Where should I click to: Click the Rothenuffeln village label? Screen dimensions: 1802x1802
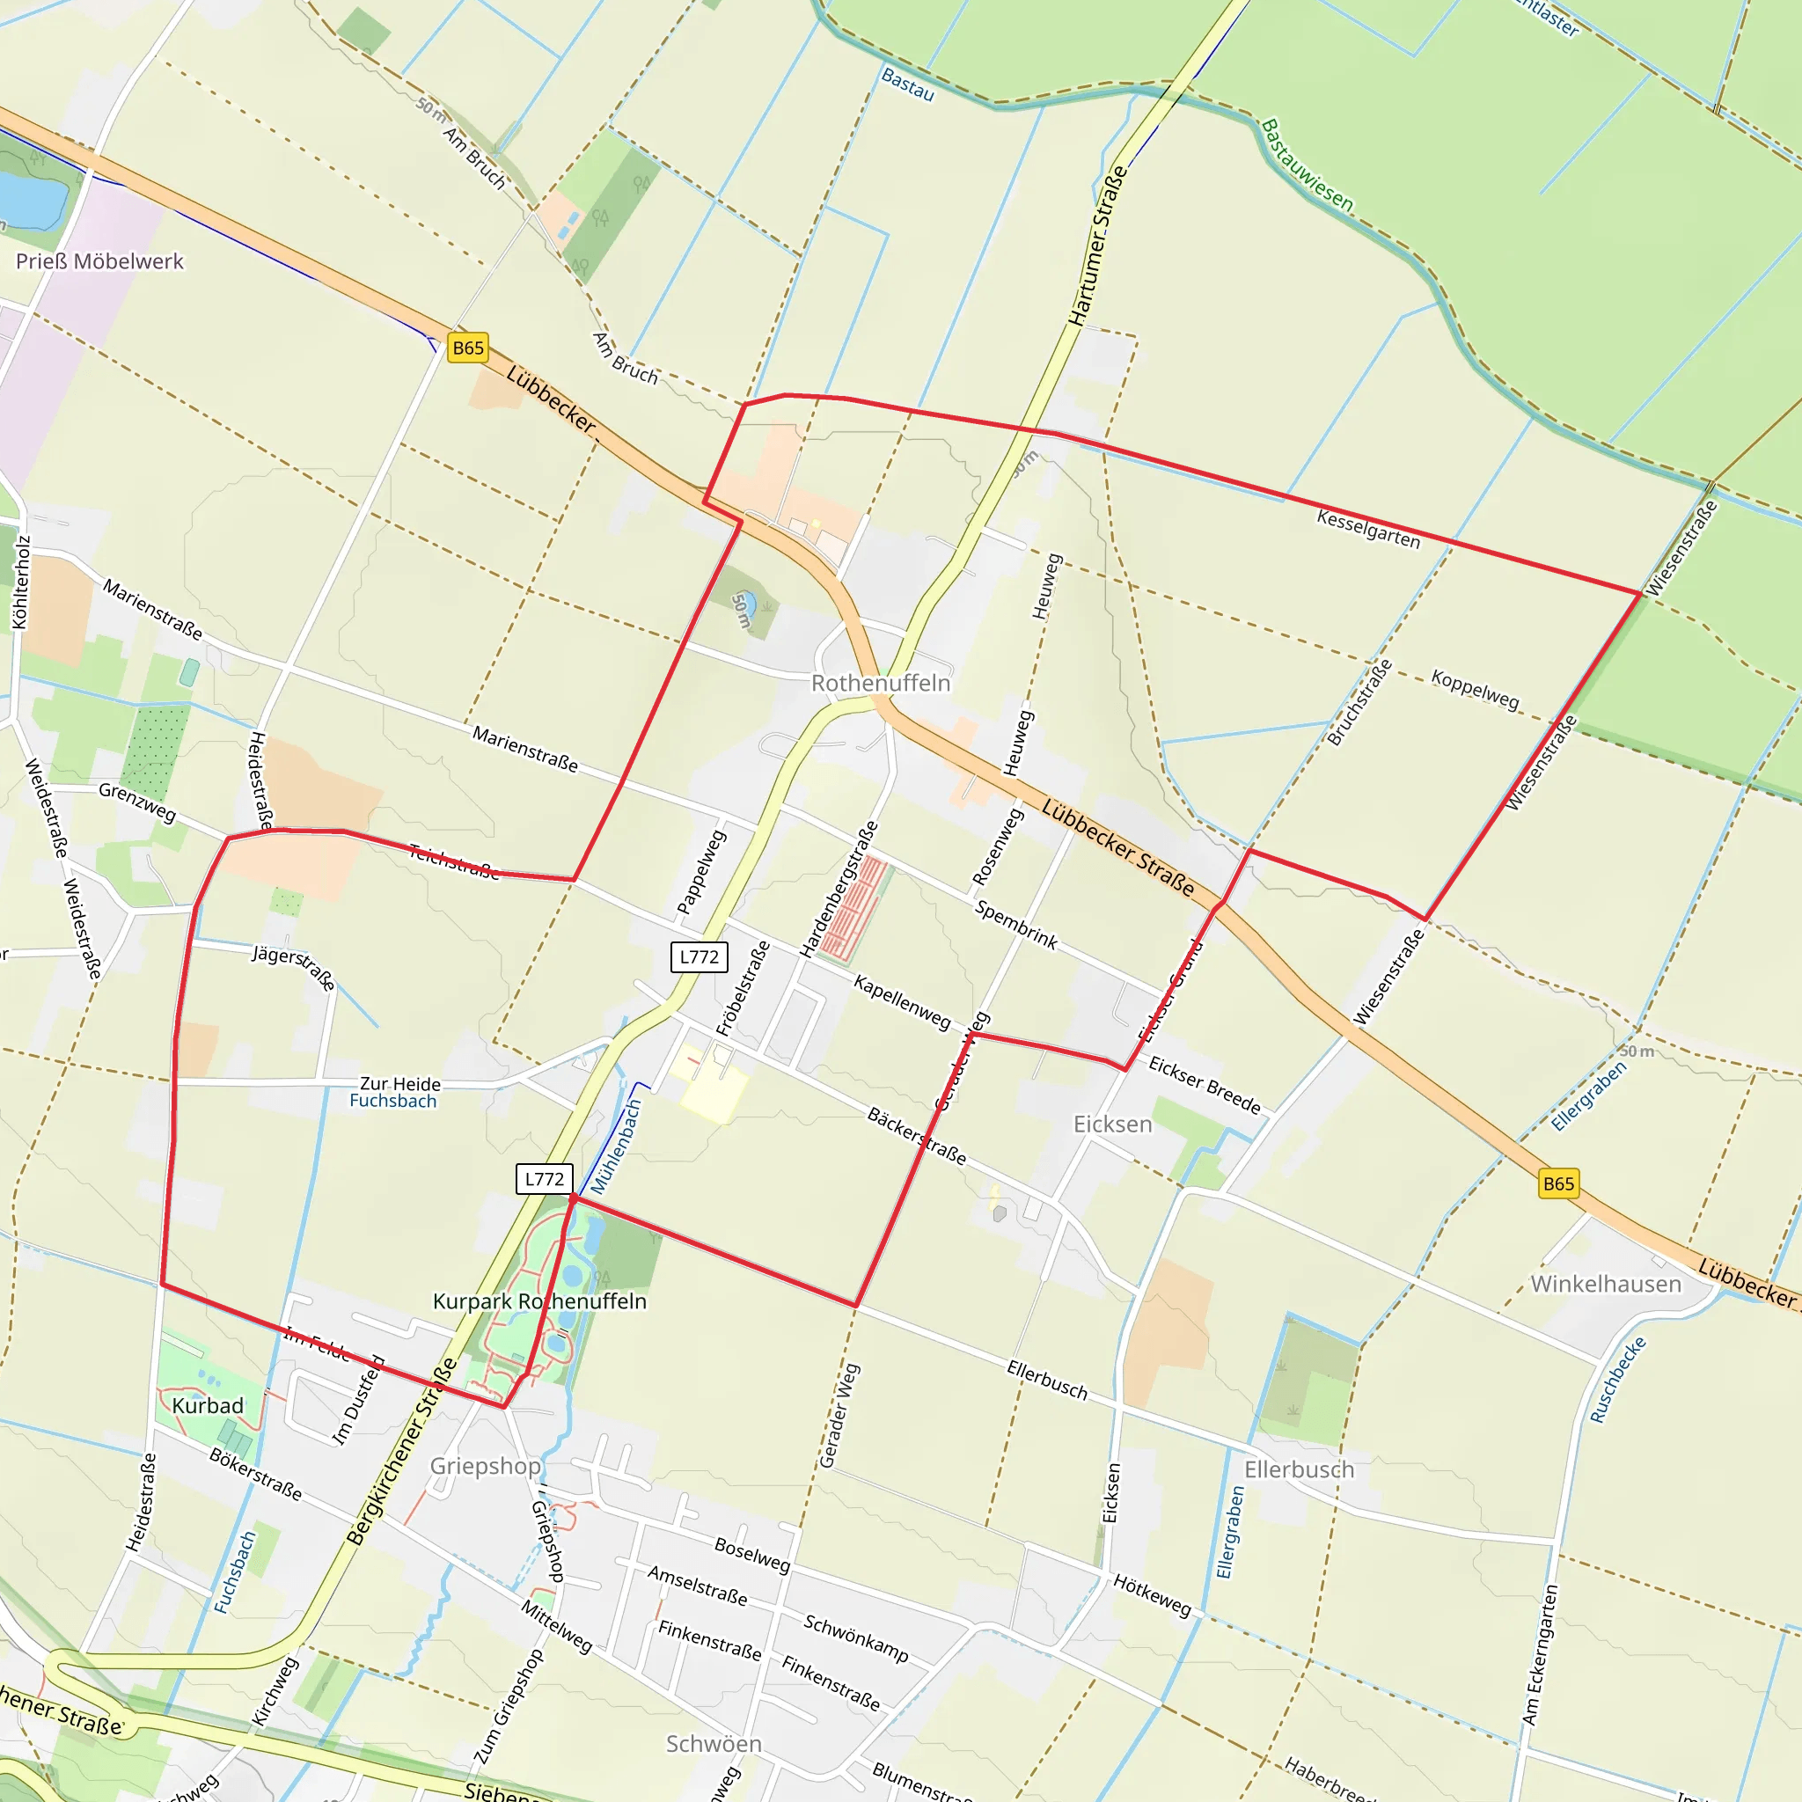point(881,683)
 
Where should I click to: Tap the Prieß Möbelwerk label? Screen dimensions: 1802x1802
point(99,261)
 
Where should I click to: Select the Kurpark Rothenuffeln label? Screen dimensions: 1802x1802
point(539,1301)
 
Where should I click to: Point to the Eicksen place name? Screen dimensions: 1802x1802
point(1113,1124)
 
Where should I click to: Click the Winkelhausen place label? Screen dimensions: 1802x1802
point(1606,1284)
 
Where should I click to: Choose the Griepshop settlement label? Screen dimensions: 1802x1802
point(485,1465)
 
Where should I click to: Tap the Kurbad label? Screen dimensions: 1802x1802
point(207,1405)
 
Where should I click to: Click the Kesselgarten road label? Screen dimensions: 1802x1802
point(1368,529)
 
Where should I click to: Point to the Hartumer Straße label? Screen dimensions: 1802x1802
point(1098,246)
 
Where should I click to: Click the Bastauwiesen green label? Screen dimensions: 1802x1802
point(1307,165)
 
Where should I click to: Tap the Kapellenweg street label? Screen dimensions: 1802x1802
point(902,1001)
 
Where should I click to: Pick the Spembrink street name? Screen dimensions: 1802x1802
point(1015,925)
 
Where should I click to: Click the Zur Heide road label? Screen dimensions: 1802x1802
point(400,1084)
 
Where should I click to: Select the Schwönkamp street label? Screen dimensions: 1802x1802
point(856,1637)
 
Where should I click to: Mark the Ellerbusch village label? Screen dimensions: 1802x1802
point(1300,1469)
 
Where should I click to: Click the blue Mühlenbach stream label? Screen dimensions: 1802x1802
point(616,1146)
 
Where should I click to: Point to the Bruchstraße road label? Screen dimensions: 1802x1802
point(1360,702)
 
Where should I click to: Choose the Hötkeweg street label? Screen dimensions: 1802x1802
point(1152,1594)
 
